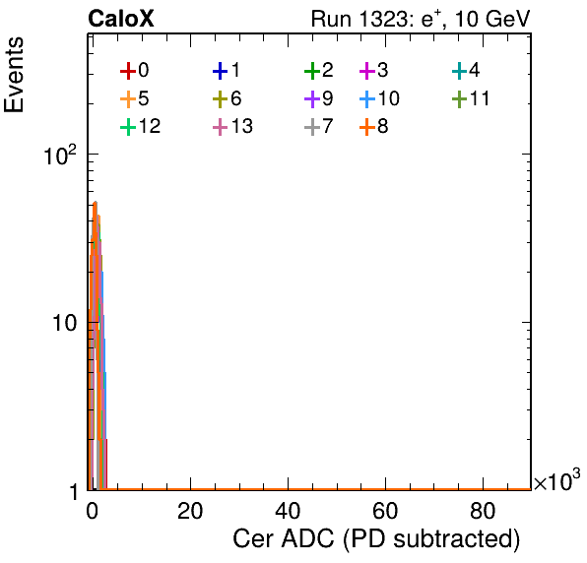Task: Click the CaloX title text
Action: tap(120, 19)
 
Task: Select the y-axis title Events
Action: tap(14, 75)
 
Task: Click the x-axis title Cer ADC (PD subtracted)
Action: tap(376, 539)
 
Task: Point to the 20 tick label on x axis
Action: tap(190, 511)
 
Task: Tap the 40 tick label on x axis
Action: tap(288, 511)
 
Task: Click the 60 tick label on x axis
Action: tap(385, 511)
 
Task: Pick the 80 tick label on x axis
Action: tap(483, 511)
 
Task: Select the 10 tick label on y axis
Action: tap(64, 323)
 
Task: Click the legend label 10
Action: tap(389, 98)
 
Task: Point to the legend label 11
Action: tap(480, 98)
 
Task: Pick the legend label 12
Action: tap(150, 126)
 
